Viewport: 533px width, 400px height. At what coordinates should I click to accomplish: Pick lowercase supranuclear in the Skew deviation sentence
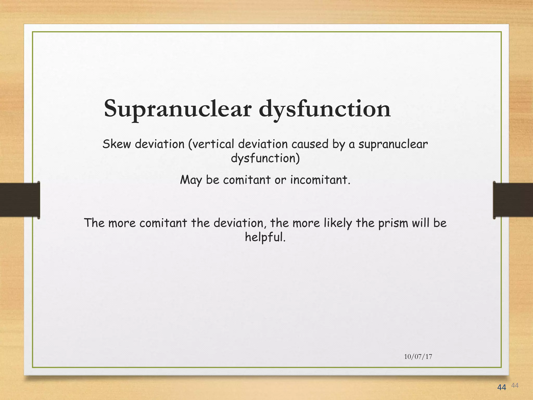pyautogui.click(x=393, y=144)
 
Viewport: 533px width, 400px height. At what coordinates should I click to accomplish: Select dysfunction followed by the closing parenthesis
pyautogui.click(x=265, y=158)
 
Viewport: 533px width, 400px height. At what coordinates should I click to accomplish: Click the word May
pyautogui.click(x=191, y=180)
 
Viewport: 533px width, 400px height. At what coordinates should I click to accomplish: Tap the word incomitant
pyautogui.click(x=320, y=180)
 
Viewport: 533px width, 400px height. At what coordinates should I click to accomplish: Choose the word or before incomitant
pyautogui.click(x=280, y=180)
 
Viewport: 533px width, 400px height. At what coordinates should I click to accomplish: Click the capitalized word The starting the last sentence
pyautogui.click(x=94, y=223)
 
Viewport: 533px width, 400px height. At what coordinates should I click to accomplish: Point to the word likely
pyautogui.click(x=338, y=223)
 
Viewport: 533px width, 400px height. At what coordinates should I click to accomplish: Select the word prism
pyautogui.click(x=393, y=223)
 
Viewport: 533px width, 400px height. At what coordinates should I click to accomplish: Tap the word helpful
pyautogui.click(x=265, y=237)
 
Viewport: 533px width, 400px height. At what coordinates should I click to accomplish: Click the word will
pyautogui.click(x=421, y=223)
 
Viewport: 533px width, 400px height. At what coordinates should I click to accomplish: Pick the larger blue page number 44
pyautogui.click(x=502, y=387)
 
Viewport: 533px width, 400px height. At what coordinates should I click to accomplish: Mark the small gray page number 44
pyautogui.click(x=515, y=385)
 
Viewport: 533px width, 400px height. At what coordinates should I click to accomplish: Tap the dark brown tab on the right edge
pyautogui.click(x=513, y=200)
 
